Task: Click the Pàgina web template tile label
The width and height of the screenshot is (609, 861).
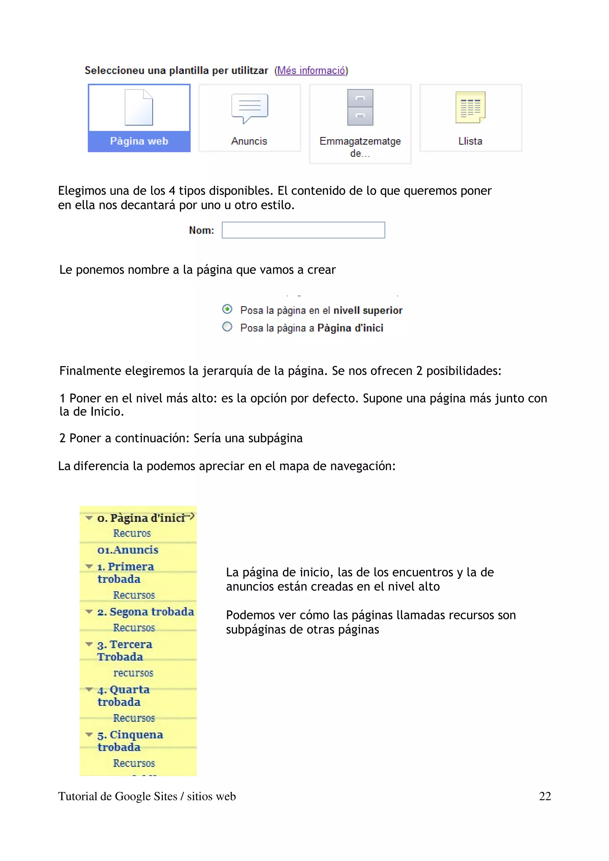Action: point(139,141)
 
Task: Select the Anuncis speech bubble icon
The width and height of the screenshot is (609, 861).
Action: point(249,108)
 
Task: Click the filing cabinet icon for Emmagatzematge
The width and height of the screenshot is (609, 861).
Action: point(360,107)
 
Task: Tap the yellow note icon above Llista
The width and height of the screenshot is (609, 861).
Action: point(470,107)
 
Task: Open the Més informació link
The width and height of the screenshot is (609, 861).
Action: point(311,70)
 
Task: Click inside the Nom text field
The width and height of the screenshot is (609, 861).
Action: point(303,230)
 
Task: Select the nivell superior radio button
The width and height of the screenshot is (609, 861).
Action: point(227,309)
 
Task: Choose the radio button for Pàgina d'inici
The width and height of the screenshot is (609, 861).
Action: point(227,327)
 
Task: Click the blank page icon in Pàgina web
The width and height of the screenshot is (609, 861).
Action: point(139,108)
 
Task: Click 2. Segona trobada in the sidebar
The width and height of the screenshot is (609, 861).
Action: point(146,612)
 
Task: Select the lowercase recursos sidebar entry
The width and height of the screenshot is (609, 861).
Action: point(133,673)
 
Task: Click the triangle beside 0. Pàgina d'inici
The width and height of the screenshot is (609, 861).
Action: point(89,518)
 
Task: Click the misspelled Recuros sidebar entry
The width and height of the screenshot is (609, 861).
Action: point(132,533)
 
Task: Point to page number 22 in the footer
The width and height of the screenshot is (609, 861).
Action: point(544,796)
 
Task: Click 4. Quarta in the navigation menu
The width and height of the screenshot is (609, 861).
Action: point(123,690)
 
